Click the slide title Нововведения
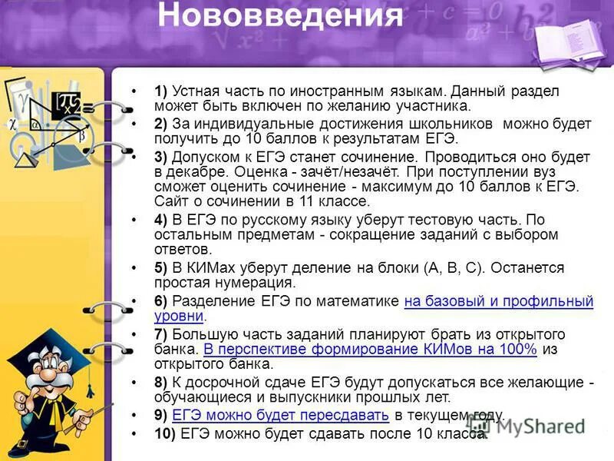tap(280, 16)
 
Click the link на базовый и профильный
tap(498, 300)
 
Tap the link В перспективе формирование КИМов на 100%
tap(370, 350)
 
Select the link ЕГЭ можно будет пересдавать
tap(281, 416)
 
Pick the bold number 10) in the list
tap(164, 433)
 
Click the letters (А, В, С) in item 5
tap(454, 268)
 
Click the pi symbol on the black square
tap(69, 103)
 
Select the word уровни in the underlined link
tap(178, 316)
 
